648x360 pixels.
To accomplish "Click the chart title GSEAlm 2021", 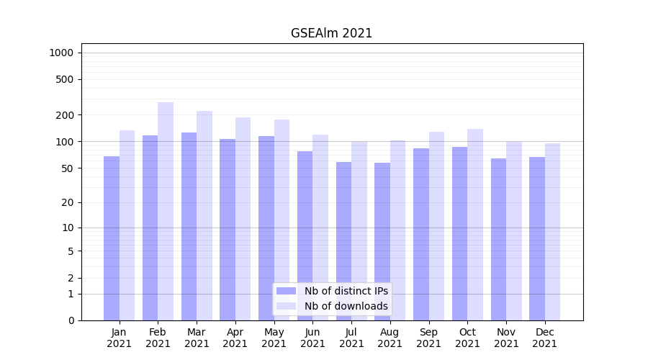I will (331, 33).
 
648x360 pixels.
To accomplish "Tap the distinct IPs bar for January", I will (112, 238).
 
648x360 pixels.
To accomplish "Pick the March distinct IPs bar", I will (189, 226).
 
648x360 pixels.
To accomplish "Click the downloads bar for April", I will (243, 219).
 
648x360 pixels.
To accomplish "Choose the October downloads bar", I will (475, 225).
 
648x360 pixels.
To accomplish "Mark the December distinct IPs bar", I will (537, 238).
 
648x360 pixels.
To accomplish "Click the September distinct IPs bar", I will (421, 234).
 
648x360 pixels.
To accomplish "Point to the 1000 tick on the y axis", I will (61, 53).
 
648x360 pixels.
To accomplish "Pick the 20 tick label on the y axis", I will (68, 202).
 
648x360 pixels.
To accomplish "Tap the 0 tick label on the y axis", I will (71, 320).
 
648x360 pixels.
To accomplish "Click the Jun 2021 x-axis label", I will (312, 338).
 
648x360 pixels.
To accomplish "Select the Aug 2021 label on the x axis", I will (390, 338).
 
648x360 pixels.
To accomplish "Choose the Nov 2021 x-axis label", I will (506, 338).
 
